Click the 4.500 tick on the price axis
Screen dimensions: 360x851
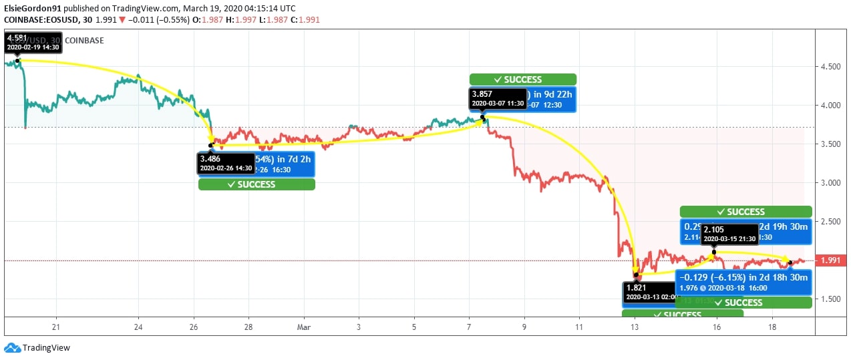831,67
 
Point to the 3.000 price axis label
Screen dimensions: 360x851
831,182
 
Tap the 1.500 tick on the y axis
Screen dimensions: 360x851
831,299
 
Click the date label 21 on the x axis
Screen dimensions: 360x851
57,327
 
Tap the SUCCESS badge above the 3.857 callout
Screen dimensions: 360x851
522,79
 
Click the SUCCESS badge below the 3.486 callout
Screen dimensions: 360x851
256,184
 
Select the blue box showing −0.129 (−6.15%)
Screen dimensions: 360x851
742,282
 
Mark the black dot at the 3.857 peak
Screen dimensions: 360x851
483,118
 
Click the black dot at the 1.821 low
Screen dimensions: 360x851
637,275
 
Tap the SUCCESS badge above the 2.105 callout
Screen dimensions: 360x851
745,212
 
